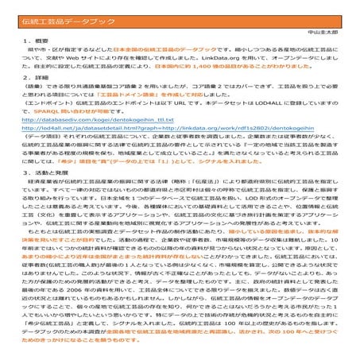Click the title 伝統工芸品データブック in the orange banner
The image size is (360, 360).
pyautogui.click(x=56, y=14)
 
